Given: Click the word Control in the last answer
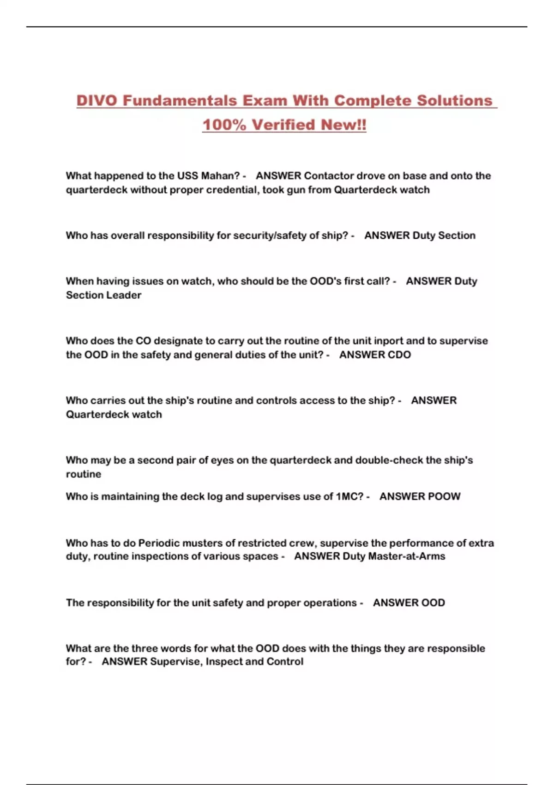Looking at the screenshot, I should tap(285, 662).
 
